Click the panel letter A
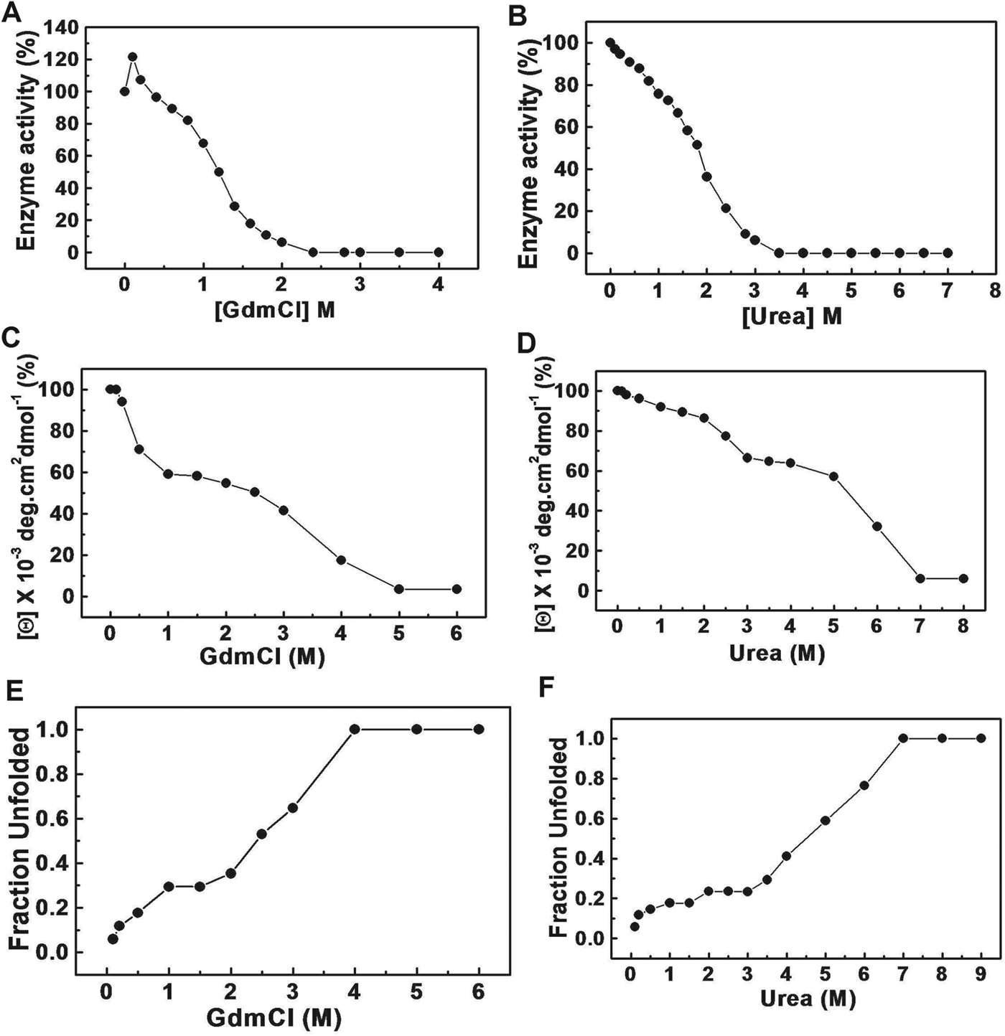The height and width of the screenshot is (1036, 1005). tap(11, 12)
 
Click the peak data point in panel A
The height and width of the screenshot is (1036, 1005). tap(132, 57)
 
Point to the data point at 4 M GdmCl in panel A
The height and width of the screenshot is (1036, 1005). tap(438, 252)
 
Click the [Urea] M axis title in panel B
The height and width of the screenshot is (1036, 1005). tap(792, 316)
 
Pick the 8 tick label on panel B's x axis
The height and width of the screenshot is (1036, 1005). tap(994, 291)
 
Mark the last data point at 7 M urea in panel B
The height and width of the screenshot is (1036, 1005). tap(947, 253)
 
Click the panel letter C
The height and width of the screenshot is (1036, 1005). tap(11, 356)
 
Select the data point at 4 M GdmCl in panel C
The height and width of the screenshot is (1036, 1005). tap(341, 560)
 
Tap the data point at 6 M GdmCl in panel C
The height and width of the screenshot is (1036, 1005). tap(457, 589)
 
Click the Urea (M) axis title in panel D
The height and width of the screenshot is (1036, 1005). tap(777, 654)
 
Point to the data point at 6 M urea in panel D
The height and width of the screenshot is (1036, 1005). tap(877, 526)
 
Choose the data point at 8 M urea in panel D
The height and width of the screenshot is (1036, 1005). tap(963, 578)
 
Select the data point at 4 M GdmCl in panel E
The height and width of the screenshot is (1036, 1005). tap(355, 729)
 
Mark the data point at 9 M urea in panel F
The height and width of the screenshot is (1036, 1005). tap(981, 738)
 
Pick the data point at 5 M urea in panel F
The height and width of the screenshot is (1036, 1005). tap(825, 820)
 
